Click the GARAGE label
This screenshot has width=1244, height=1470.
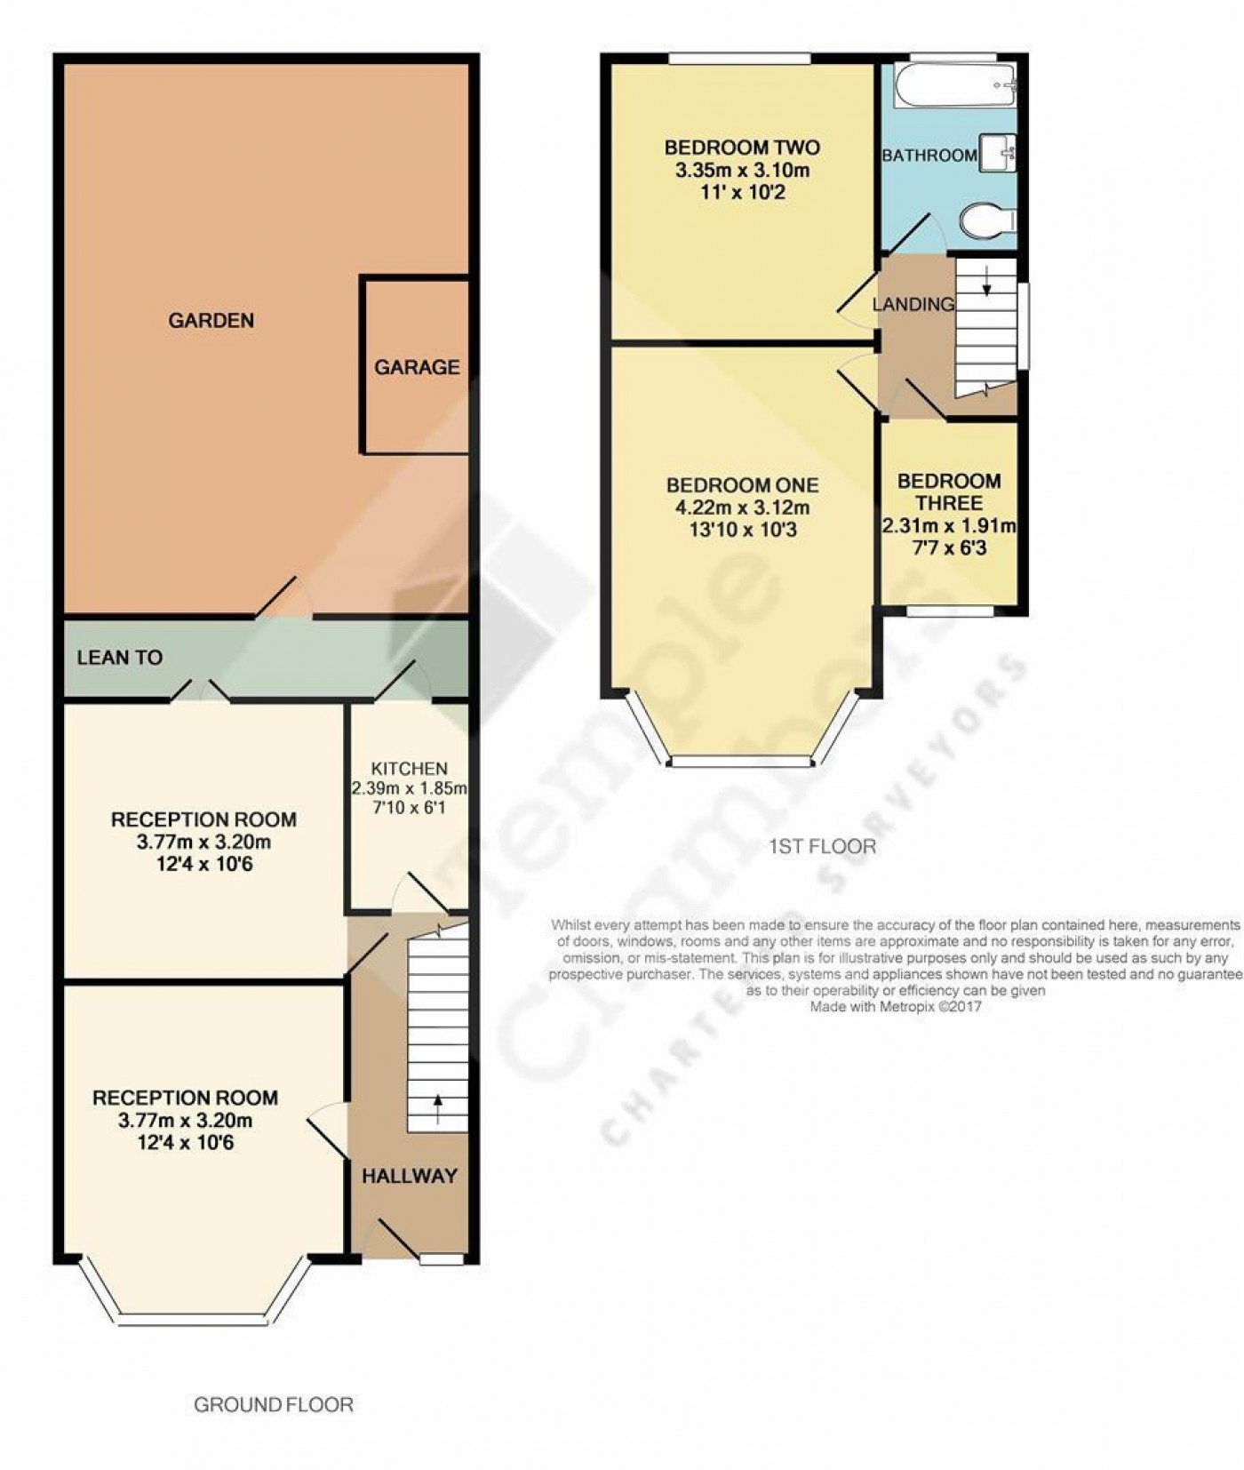(x=417, y=367)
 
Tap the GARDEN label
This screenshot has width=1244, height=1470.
(x=211, y=320)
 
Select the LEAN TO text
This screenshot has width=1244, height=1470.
(x=120, y=658)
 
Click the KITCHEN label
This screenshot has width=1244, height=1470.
(x=409, y=769)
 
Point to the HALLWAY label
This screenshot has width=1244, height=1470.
(x=410, y=1176)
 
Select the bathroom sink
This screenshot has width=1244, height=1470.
(x=998, y=152)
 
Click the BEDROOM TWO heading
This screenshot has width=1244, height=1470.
(x=742, y=148)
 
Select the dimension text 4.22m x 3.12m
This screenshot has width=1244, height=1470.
(x=742, y=508)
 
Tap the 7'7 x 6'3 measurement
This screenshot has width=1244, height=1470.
(x=950, y=548)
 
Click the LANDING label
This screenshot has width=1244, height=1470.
(x=913, y=305)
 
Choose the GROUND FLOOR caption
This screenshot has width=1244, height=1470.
(x=274, y=1405)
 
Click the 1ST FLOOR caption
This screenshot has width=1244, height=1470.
(x=822, y=847)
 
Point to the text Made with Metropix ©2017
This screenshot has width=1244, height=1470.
(x=895, y=1007)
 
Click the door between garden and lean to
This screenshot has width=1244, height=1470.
(x=284, y=599)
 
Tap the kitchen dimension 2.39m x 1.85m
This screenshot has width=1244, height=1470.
(x=409, y=788)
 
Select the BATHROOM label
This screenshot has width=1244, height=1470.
(x=929, y=156)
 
